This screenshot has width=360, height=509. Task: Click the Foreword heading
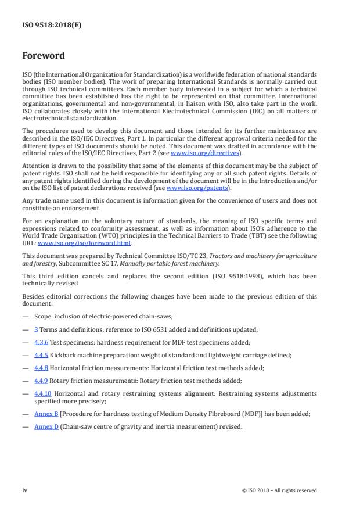[x=44, y=56]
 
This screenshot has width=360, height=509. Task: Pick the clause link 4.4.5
[x=41, y=355]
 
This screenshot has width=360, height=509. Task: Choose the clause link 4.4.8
[x=41, y=368]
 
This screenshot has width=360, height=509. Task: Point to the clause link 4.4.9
[x=41, y=381]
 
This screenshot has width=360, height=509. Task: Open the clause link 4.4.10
[x=42, y=393]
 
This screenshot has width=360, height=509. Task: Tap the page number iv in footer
[x=25, y=490]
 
